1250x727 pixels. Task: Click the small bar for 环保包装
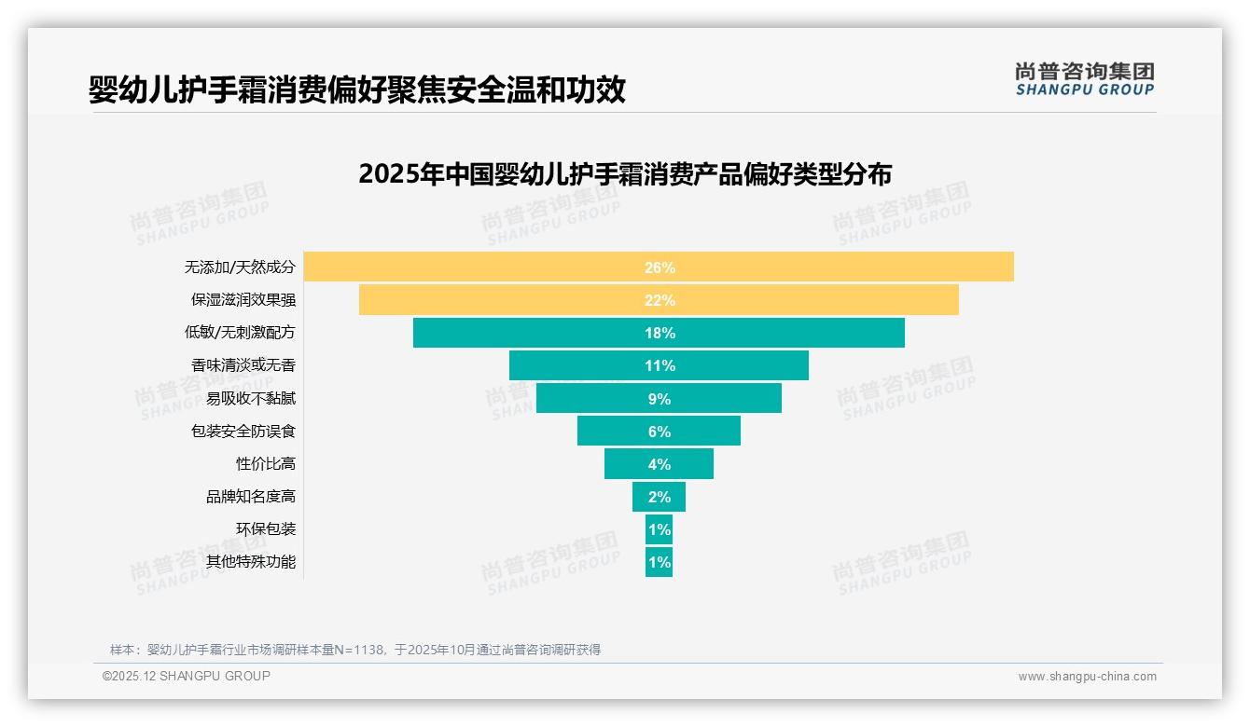659,529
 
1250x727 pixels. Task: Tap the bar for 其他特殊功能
659,562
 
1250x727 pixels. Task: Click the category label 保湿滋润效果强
243,300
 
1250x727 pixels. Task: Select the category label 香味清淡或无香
243,365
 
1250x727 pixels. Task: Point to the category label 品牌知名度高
250,497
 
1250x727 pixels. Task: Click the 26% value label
660,267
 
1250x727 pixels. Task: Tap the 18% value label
660,333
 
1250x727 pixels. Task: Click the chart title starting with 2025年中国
625,174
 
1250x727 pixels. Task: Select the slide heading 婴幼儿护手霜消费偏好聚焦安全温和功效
356,90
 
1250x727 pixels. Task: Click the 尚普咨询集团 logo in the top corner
1084,78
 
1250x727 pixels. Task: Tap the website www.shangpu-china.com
1087,677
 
